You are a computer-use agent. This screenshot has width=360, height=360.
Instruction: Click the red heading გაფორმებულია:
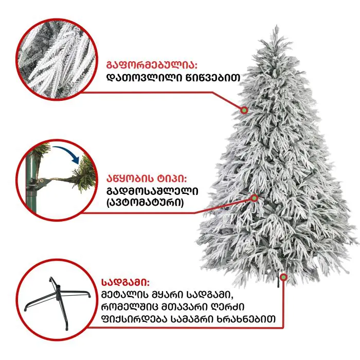[152, 65]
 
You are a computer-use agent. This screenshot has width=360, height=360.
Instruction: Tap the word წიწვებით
[212, 78]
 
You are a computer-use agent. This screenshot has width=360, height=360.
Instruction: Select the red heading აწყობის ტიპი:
[147, 178]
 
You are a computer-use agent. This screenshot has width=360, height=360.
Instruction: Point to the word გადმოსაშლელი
[152, 191]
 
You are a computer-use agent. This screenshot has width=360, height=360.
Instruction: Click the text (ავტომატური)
[145, 203]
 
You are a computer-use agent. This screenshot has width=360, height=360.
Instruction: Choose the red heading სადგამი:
[125, 282]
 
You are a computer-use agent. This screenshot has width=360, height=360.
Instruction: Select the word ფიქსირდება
[135, 319]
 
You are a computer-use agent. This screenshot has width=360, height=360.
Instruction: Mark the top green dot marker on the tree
[244, 111]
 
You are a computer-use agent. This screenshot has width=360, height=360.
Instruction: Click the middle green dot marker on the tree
[255, 197]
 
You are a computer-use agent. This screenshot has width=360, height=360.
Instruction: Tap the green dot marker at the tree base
[284, 277]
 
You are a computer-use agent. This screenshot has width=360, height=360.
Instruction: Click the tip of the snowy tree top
[277, 26]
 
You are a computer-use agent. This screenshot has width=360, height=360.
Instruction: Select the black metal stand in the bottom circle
[58, 301]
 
